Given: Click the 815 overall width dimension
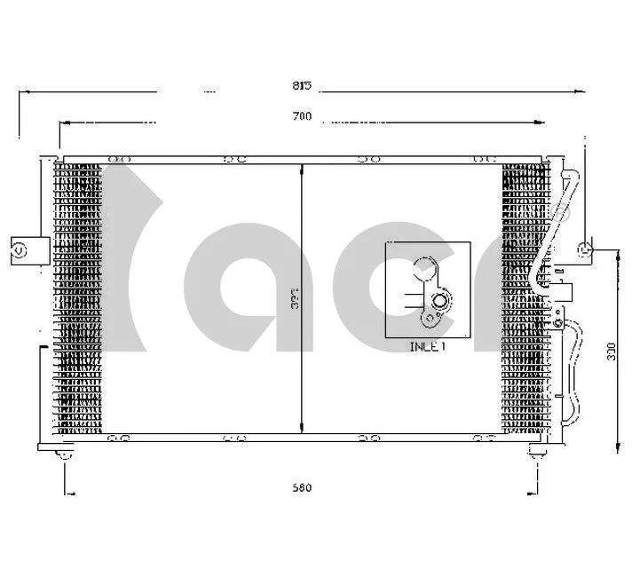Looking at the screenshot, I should click(x=302, y=85).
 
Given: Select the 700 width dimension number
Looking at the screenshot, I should click(x=302, y=117).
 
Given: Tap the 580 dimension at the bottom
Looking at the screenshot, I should click(x=302, y=487).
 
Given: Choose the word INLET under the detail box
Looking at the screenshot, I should click(x=427, y=347).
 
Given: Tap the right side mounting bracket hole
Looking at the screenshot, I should click(x=585, y=249).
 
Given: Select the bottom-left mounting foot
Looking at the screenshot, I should click(x=64, y=454).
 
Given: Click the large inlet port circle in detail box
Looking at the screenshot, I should click(x=424, y=267).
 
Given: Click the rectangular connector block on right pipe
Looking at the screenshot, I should click(x=565, y=289).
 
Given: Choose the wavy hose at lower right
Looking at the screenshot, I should click(x=573, y=373).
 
